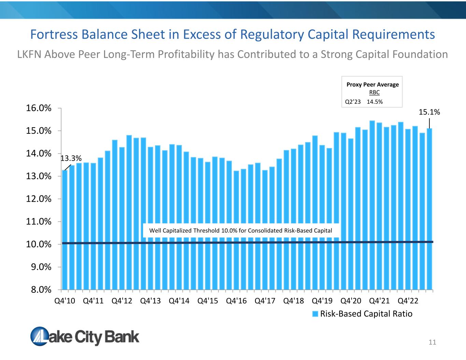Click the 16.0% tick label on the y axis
39,108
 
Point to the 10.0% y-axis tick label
39,244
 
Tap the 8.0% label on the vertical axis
41,290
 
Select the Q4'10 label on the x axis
65,301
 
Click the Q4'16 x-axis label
236,301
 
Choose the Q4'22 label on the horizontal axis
408,301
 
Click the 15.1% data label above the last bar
429,112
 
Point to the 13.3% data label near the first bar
71,158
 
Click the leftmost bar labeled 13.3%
65,230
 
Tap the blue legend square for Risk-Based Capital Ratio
315,314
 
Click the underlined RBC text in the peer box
375,92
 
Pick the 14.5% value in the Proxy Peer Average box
375,102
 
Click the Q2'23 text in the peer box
353,102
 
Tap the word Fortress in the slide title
54,34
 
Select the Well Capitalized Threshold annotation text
241,231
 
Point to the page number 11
432,342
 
